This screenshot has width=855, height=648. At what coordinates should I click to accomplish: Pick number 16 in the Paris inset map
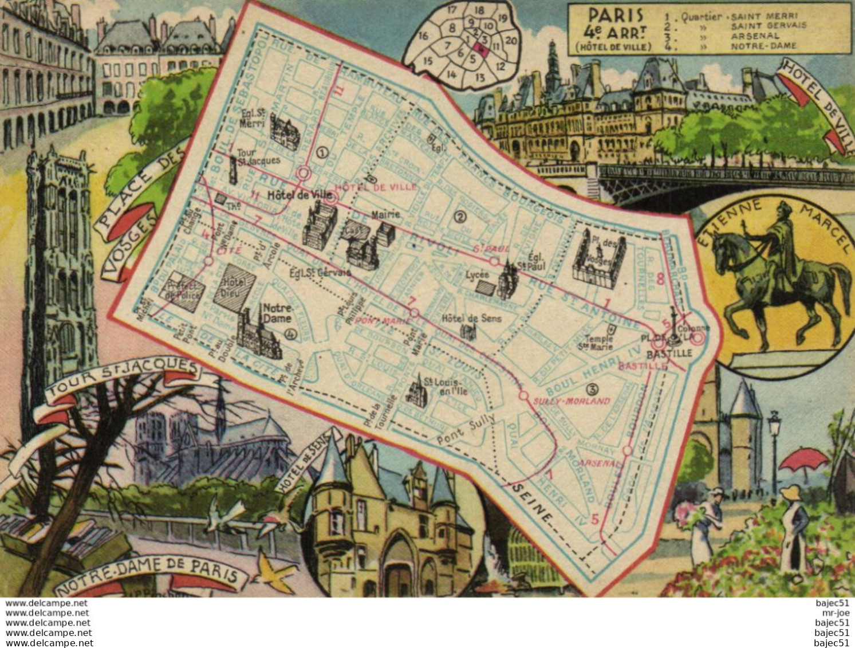click(424, 36)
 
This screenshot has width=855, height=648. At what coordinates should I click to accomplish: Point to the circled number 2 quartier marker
click(458, 216)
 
